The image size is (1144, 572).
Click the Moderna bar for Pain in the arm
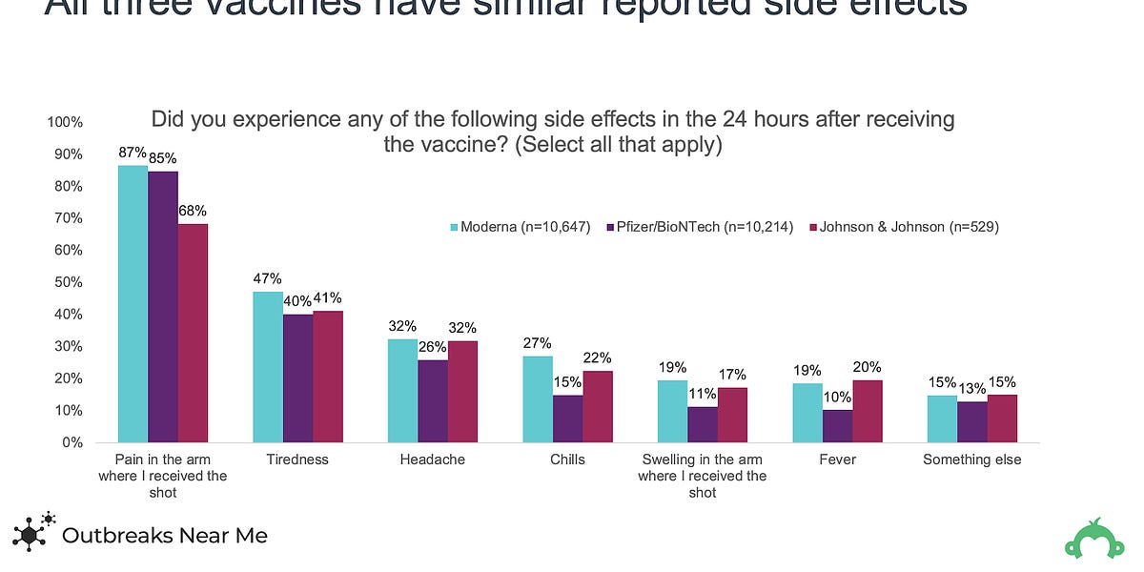(x=133, y=304)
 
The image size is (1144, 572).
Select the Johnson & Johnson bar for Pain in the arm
(x=193, y=334)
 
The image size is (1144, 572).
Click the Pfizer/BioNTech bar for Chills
(x=568, y=419)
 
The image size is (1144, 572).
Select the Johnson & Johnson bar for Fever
(x=868, y=411)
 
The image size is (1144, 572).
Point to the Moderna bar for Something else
(x=942, y=419)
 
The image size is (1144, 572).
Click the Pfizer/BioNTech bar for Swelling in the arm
(x=703, y=424)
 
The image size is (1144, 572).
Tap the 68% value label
(x=193, y=211)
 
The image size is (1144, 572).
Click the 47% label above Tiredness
(x=268, y=278)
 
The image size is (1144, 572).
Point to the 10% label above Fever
(x=837, y=397)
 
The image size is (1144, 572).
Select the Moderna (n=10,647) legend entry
(x=520, y=227)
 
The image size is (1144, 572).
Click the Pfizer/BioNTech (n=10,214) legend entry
(x=701, y=227)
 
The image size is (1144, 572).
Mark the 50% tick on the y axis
(x=68, y=282)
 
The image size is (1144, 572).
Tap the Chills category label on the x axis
(x=568, y=460)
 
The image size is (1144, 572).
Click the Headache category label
(x=433, y=460)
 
